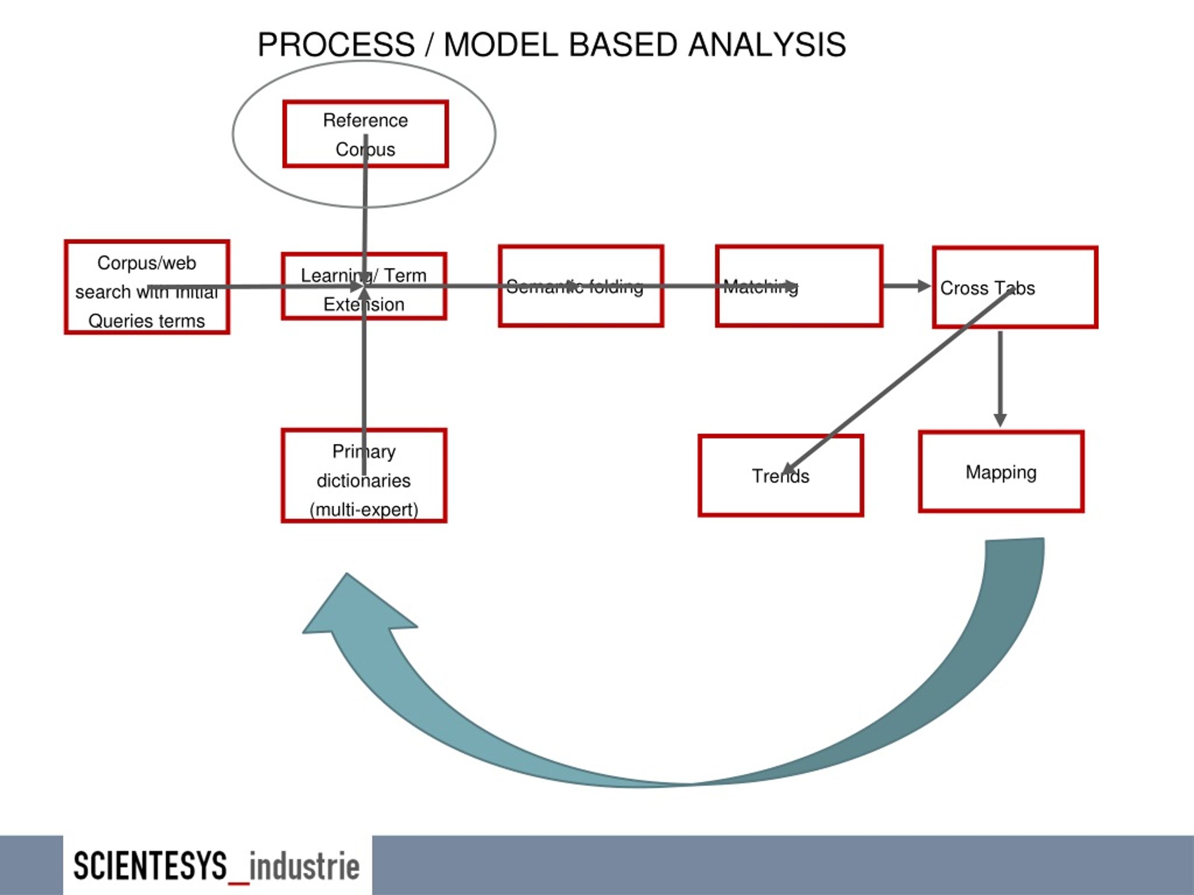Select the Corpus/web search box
[x=147, y=287]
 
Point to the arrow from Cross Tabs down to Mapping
[x=1000, y=378]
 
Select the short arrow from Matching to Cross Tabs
[x=907, y=286]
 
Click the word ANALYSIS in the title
[x=766, y=44]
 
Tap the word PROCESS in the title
[x=336, y=44]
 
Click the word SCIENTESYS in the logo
[x=150, y=866]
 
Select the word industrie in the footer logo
[x=305, y=866]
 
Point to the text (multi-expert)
[x=364, y=509]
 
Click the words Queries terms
[x=147, y=321]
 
